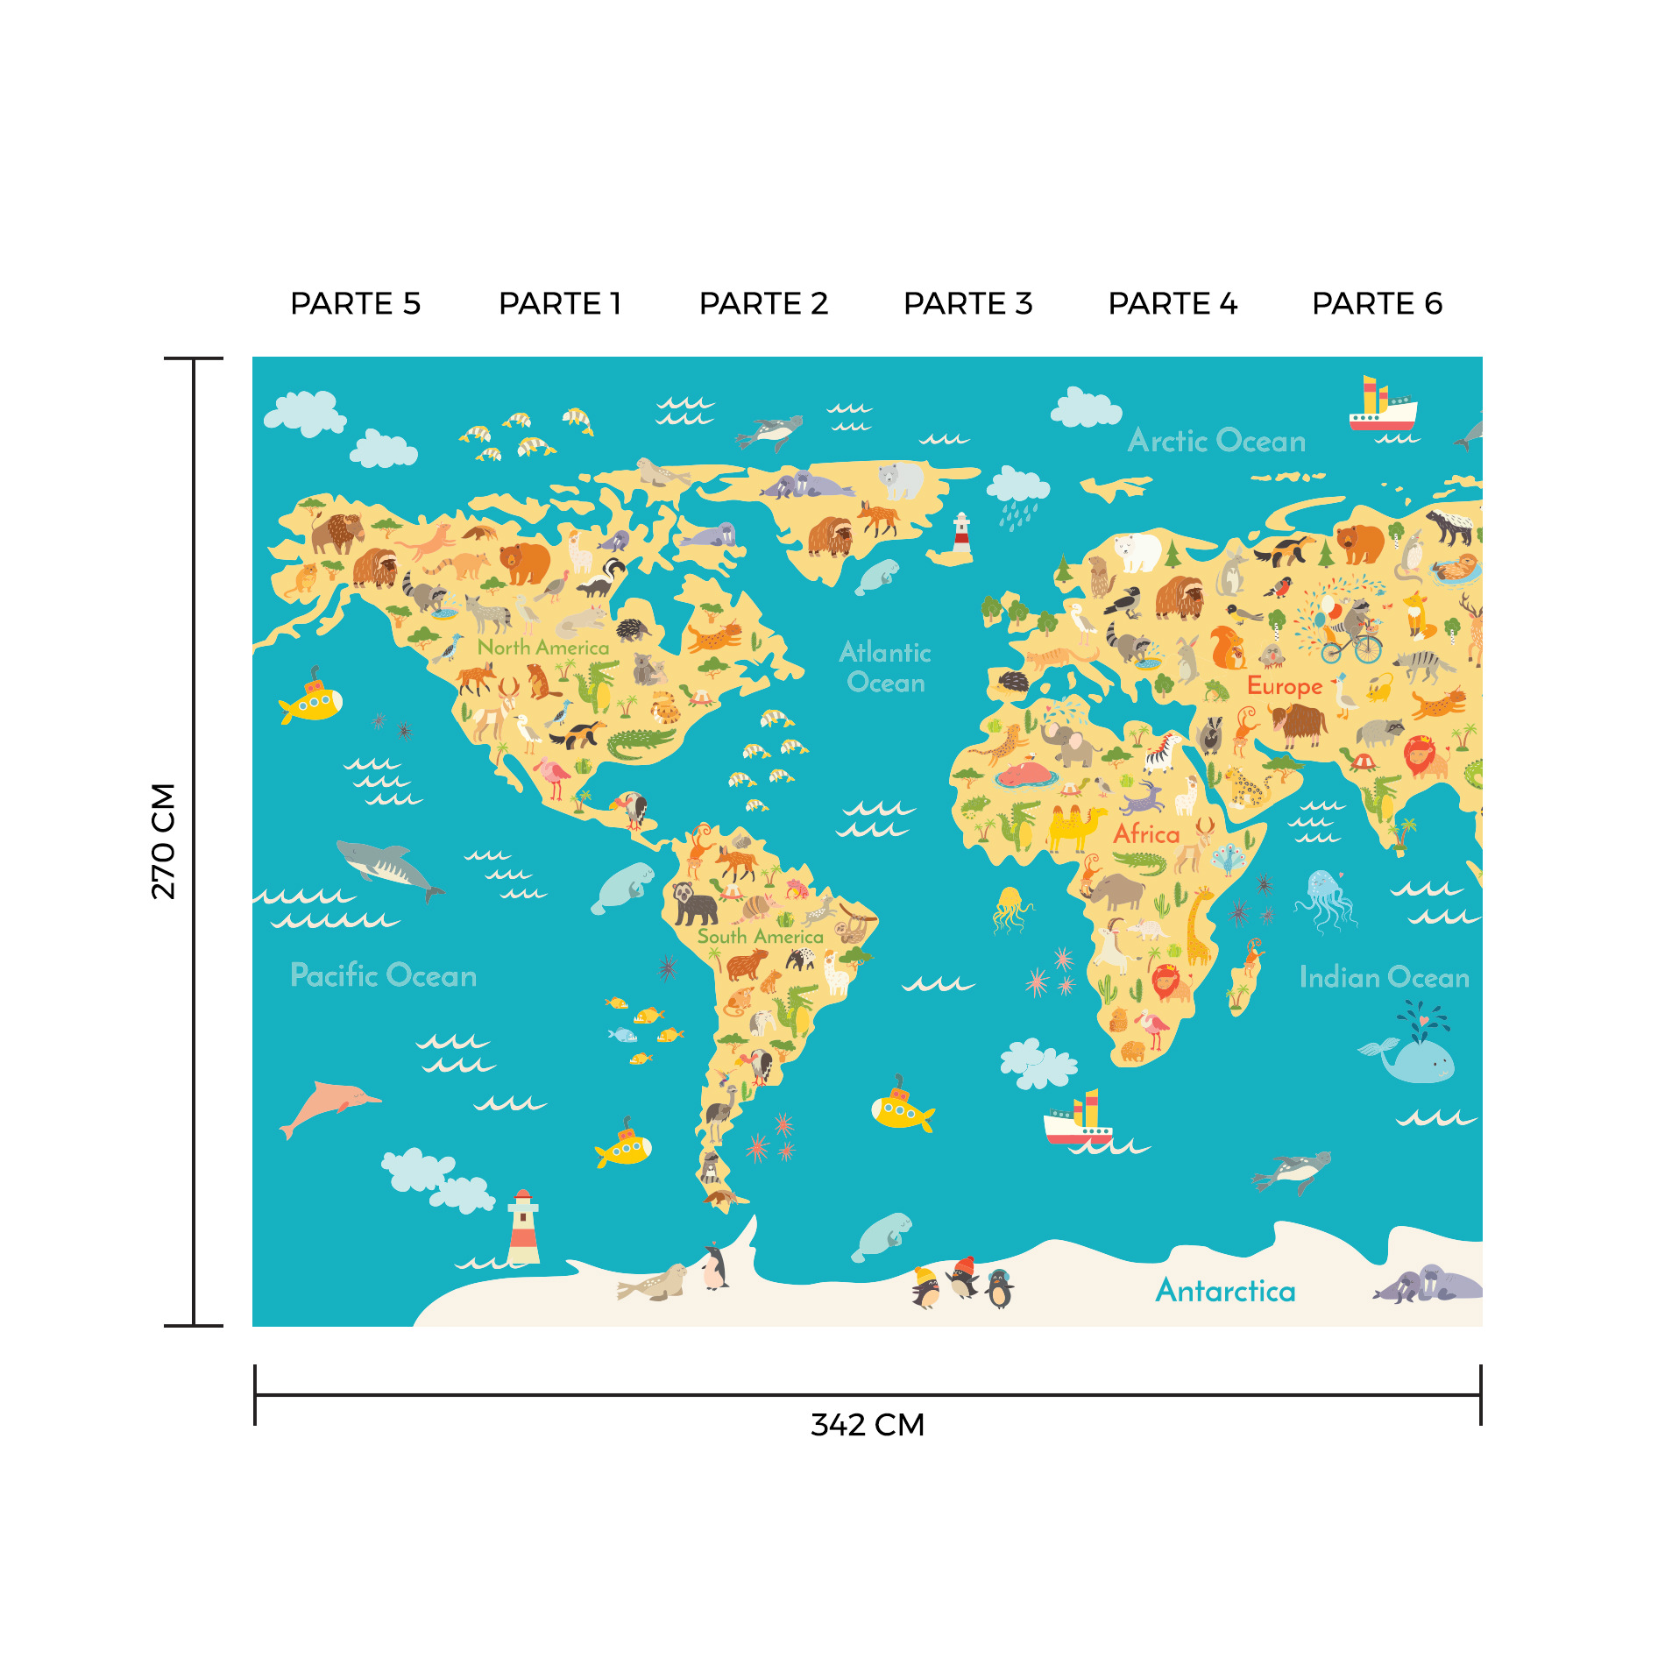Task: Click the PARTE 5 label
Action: coord(355,303)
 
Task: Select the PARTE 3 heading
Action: coord(967,303)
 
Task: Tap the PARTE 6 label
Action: coord(1377,303)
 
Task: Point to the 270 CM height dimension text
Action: coord(164,841)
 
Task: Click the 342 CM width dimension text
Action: coord(867,1425)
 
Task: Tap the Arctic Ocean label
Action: coord(1216,441)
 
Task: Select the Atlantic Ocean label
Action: coord(885,667)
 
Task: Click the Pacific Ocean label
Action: coord(383,975)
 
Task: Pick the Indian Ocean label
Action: coord(1384,977)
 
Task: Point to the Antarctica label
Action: coord(1225,1291)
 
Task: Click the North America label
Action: coord(543,648)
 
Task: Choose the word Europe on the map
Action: coord(1284,686)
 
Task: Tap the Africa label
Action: coord(1146,833)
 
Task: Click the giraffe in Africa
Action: coord(1200,925)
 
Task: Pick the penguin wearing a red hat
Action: coord(963,1277)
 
